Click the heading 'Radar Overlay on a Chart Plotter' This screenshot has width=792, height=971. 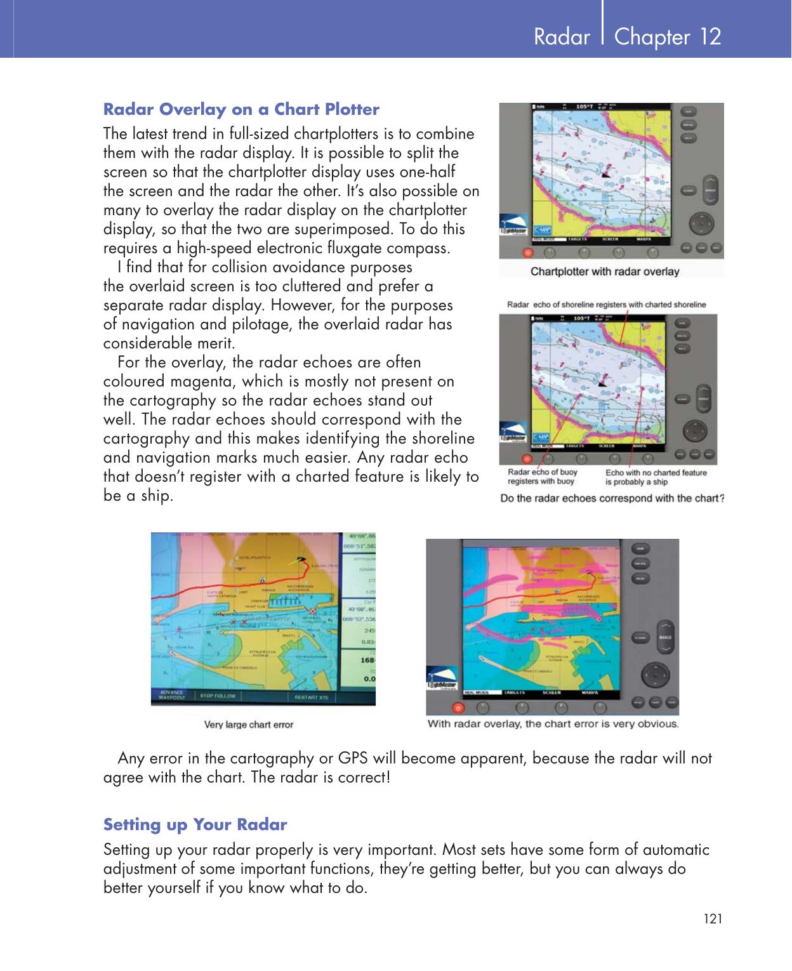point(241,109)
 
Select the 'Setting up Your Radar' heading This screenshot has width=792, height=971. point(195,824)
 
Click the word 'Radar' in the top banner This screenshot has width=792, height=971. point(562,37)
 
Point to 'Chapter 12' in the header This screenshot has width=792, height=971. point(668,37)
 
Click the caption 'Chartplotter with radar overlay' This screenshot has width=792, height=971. point(604,272)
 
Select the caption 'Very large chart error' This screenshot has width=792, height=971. point(248,724)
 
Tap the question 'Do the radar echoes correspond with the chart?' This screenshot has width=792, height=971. point(612,498)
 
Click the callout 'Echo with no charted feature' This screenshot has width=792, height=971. point(656,473)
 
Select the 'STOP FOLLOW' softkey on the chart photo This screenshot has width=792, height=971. point(217,696)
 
